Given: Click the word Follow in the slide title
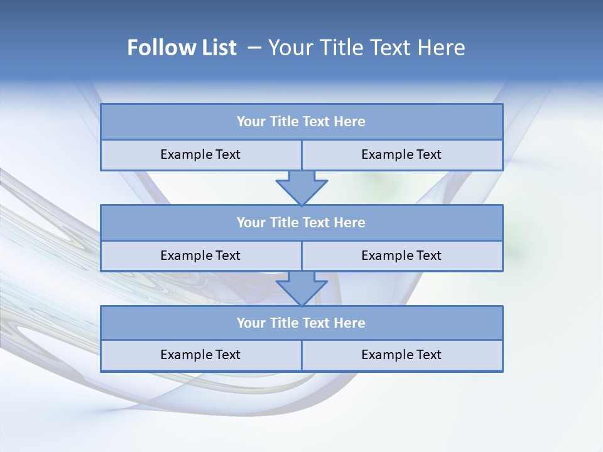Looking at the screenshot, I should (158, 48).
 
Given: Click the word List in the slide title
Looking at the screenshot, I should (216, 48).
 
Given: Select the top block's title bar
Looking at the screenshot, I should (301, 122).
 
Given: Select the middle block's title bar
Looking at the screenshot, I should (301, 222).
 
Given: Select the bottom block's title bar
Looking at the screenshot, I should (301, 323).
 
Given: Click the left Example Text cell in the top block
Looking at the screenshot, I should (200, 154).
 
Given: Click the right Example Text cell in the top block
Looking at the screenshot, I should (401, 154).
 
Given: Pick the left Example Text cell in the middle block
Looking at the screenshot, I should (200, 256).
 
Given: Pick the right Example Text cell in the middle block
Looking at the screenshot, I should (401, 256).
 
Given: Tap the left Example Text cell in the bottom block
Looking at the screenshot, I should (200, 355).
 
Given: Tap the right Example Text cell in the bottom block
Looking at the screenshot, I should (401, 355).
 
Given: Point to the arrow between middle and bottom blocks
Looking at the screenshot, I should (301, 288).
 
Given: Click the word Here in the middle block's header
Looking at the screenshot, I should (350, 222).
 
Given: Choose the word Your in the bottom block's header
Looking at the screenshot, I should (251, 323).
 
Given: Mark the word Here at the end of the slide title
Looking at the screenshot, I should (442, 48).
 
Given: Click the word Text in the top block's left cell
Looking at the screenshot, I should (227, 154).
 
